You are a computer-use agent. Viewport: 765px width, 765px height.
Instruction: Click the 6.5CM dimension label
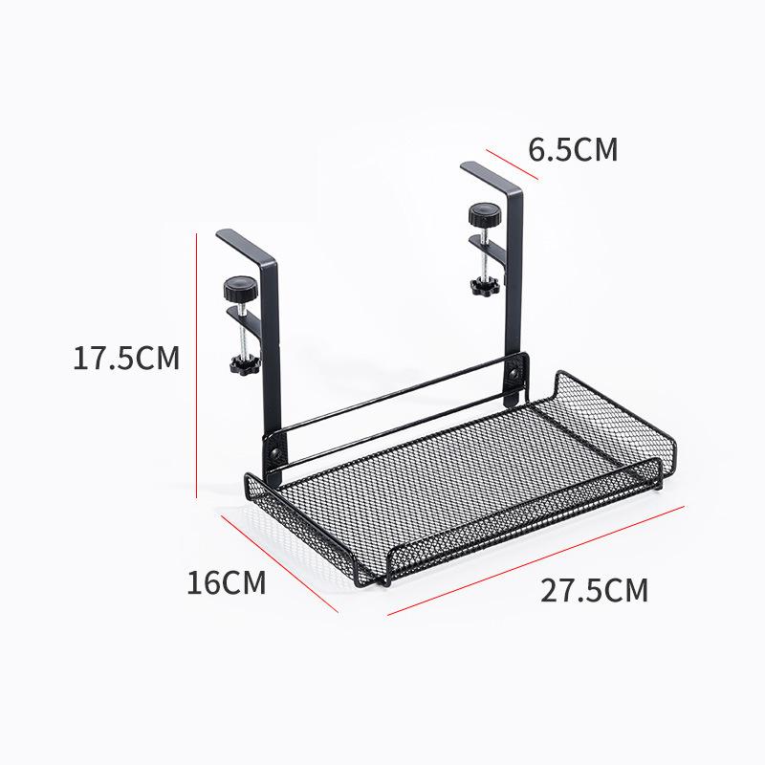pos(574,150)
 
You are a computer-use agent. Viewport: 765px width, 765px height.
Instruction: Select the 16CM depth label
pos(227,582)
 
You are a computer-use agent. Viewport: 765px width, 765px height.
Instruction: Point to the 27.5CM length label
pos(594,590)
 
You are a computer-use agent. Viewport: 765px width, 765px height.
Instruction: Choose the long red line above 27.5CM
pos(535,559)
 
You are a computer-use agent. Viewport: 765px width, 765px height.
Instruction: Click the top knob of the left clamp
pos(236,286)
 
